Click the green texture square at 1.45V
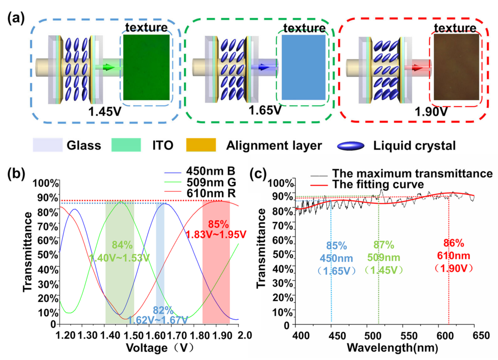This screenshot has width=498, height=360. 146,67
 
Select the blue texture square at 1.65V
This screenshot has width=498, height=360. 303,67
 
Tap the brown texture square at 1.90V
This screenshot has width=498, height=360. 456,67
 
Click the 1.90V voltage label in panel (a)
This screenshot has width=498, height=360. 431,112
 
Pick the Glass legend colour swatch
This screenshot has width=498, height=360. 48,145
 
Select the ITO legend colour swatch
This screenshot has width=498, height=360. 126,145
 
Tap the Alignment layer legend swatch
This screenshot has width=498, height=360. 201,145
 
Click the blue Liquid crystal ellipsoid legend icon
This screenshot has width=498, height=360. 350,146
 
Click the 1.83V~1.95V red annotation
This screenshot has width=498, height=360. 216,235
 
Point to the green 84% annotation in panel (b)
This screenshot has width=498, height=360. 122,245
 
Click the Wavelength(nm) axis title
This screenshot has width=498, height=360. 392,348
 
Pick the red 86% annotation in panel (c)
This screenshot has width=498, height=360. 453,243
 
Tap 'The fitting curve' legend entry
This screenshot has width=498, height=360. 378,184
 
